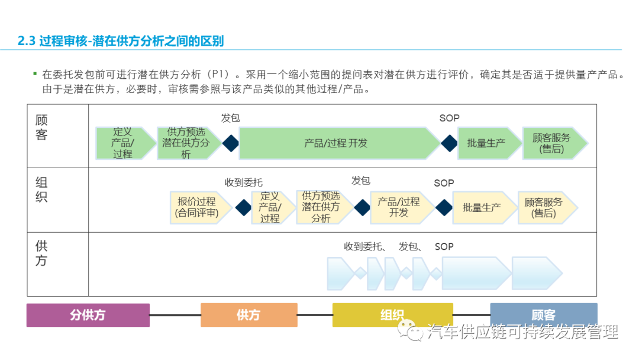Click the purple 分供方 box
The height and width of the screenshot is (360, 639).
(x=88, y=315)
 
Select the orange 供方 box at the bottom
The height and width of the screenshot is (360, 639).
(x=248, y=315)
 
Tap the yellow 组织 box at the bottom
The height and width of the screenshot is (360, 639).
(x=392, y=315)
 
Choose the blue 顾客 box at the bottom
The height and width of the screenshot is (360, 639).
(x=543, y=315)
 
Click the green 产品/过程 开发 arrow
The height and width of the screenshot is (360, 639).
(x=335, y=143)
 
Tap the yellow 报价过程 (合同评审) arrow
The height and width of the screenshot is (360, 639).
(x=198, y=207)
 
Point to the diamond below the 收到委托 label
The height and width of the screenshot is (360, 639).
(x=243, y=207)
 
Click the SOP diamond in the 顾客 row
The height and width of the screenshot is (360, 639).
(x=449, y=143)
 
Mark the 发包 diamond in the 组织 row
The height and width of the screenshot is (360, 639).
(x=362, y=207)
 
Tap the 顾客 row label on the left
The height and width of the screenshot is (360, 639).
(x=41, y=127)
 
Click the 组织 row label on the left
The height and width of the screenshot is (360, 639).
(x=41, y=189)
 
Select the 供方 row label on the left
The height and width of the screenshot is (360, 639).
(x=41, y=253)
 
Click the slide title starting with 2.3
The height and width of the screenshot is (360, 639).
(x=121, y=41)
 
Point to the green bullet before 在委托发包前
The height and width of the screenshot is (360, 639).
(x=35, y=73)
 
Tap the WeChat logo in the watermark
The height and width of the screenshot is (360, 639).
(x=410, y=332)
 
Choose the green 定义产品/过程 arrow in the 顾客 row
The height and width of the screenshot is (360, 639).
(x=122, y=143)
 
